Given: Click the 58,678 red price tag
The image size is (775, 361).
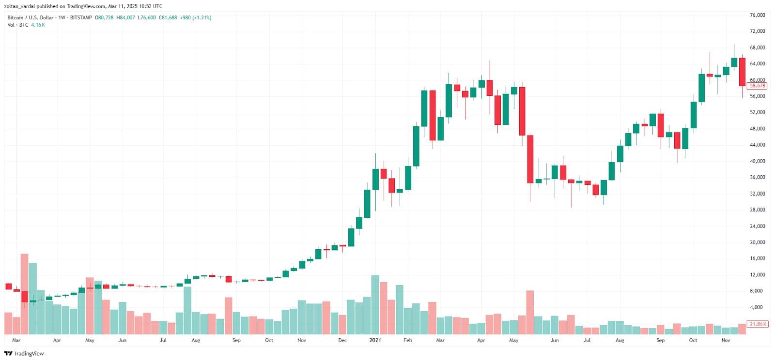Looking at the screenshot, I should pos(757,86).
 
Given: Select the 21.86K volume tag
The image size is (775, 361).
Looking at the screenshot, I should pos(758,324).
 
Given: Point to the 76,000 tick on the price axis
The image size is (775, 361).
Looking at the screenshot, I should pos(757,15).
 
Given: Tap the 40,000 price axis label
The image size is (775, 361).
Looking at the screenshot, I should pos(757,161).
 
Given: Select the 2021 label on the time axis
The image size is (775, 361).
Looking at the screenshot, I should pos(375,340).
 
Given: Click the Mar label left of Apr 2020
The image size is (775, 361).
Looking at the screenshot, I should pos(16,340).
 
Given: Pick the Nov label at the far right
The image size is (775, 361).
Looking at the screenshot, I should pos(726,340).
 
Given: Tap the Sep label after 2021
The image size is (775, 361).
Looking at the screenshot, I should pos(660,340).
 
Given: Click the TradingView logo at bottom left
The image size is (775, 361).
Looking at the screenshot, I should pos(24,354).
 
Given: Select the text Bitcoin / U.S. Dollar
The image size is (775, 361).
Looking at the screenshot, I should pos(30,18).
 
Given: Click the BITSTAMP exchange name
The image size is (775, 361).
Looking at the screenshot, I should pos(80,18).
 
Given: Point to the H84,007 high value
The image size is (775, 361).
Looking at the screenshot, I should pos(125,18).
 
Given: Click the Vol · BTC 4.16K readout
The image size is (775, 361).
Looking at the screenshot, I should pos(26,25).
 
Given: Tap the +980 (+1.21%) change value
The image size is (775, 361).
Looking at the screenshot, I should pos(195,18).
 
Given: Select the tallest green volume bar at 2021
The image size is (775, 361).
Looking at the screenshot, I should pos(375,304).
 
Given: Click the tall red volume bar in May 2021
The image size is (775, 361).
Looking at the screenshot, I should pos(530,312).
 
